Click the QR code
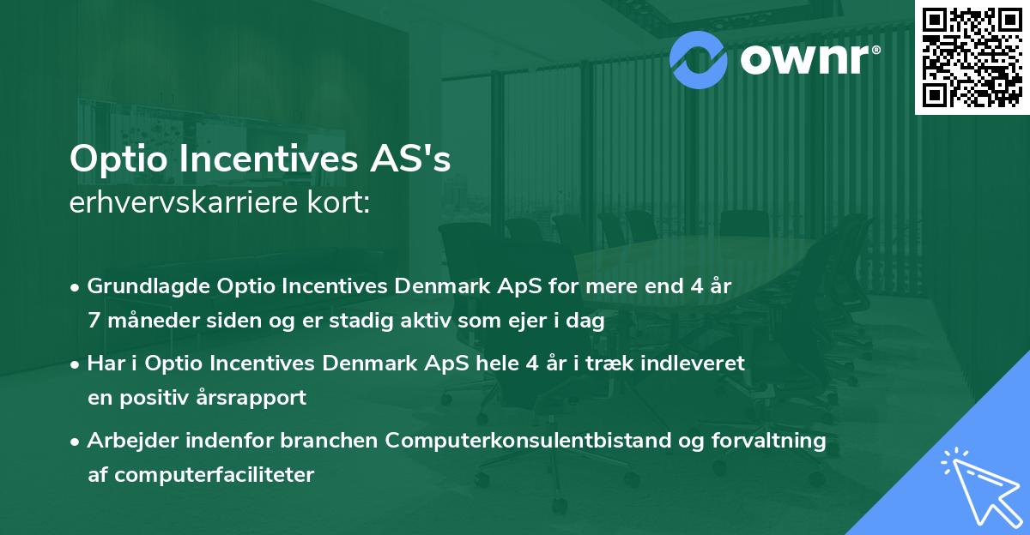tap(971, 56)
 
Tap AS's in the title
tap(411, 159)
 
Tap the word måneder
tap(148, 322)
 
